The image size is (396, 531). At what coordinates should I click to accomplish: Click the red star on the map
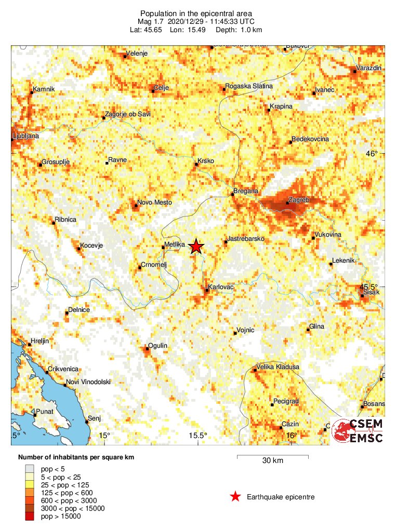[x=196, y=247]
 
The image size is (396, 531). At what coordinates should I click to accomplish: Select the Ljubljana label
[x=25, y=136]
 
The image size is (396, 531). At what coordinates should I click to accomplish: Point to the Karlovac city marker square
[x=207, y=291]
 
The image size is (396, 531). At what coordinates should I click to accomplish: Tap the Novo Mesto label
[x=154, y=202]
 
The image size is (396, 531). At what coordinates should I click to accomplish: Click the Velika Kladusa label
[x=279, y=367]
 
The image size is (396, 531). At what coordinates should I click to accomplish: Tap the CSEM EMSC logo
[x=358, y=431]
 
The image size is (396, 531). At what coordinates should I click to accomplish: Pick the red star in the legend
[x=235, y=497]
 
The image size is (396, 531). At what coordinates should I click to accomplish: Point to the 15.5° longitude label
[x=198, y=435]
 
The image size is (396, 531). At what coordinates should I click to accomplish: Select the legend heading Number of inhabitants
[x=72, y=457]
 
